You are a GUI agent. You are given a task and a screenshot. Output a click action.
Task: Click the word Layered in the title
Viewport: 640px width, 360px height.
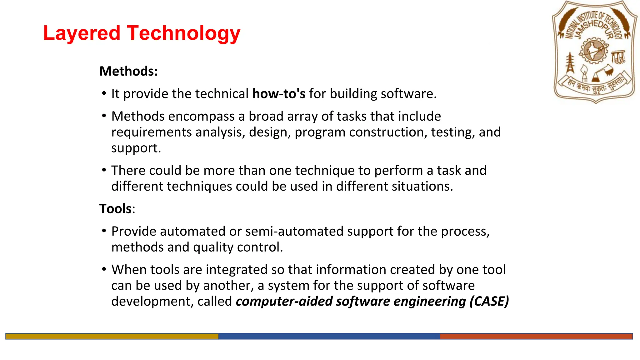pyautogui.click(x=82, y=33)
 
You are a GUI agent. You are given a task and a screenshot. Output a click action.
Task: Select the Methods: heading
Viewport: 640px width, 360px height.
pyautogui.click(x=128, y=71)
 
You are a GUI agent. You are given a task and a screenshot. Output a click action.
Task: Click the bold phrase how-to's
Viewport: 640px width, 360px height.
pyautogui.click(x=279, y=94)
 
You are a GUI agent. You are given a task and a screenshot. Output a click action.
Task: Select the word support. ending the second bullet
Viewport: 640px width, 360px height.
pyautogui.click(x=136, y=148)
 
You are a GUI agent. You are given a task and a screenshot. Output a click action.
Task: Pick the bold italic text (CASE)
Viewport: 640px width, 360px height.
pyautogui.click(x=489, y=301)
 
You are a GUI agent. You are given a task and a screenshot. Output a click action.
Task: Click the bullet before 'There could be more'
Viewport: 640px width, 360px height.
pyautogui.click(x=104, y=170)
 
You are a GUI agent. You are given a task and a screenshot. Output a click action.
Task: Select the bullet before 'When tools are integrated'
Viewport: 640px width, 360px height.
pyautogui.click(x=104, y=269)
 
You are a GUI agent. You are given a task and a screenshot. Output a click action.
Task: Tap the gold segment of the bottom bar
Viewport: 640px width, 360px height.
pyautogui.click(x=112, y=336)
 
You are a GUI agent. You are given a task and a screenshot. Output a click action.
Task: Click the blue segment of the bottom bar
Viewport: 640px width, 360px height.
pyautogui.click(x=329, y=336)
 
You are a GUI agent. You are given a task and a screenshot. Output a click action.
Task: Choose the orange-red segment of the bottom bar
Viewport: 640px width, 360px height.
pyautogui.click(x=536, y=336)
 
